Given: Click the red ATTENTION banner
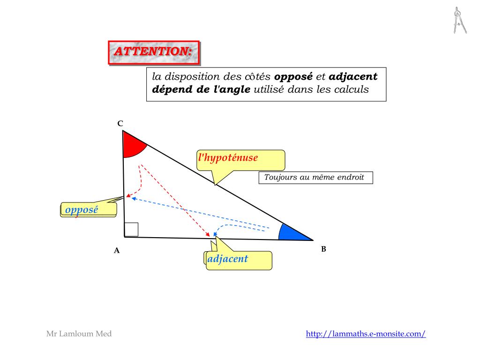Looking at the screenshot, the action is tap(154, 52).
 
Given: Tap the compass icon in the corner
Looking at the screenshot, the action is tap(459, 21).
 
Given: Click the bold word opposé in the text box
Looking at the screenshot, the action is tap(293, 76).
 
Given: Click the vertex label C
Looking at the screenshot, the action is tap(120, 123).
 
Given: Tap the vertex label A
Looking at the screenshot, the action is tap(117, 250).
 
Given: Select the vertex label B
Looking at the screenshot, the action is tap(323, 249).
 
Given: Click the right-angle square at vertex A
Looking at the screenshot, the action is tap(132, 230).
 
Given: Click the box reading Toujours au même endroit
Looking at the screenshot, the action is tap(315, 178).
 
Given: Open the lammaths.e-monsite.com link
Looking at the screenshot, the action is tap(366, 334).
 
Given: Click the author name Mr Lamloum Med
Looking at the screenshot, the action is tap(79, 334).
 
